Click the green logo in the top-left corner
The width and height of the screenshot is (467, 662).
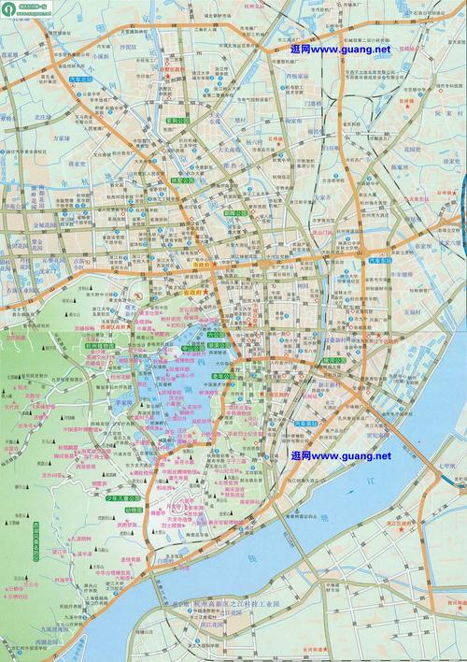click(x=9, y=9)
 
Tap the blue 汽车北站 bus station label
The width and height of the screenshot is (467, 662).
click(x=82, y=82)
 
